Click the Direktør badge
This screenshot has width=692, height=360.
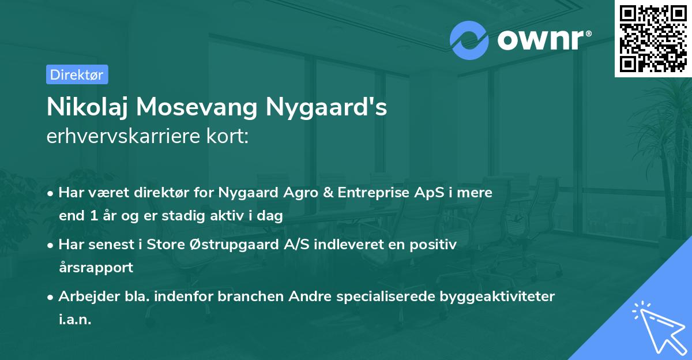click(x=76, y=74)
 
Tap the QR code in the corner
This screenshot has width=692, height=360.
click(x=653, y=38)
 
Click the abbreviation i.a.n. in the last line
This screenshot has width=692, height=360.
click(x=75, y=320)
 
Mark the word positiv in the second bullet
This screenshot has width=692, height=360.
click(x=436, y=245)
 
